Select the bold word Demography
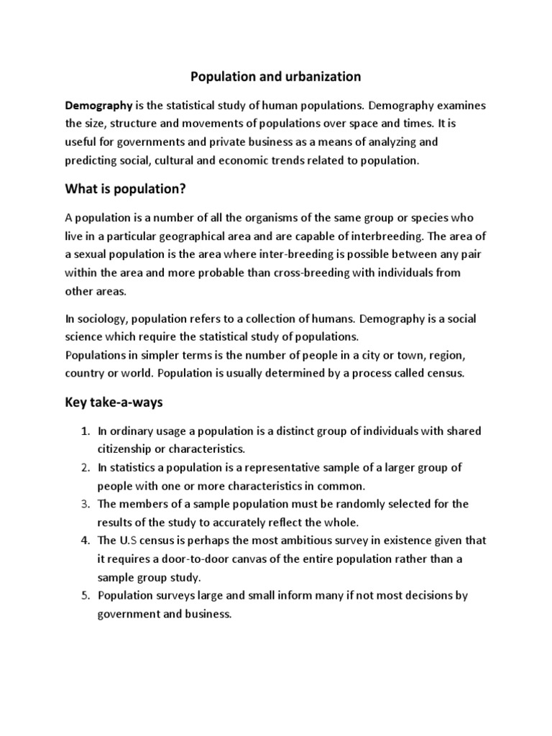99,106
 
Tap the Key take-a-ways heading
114,402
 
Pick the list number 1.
84,431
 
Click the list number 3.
84,504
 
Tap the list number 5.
84,596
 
